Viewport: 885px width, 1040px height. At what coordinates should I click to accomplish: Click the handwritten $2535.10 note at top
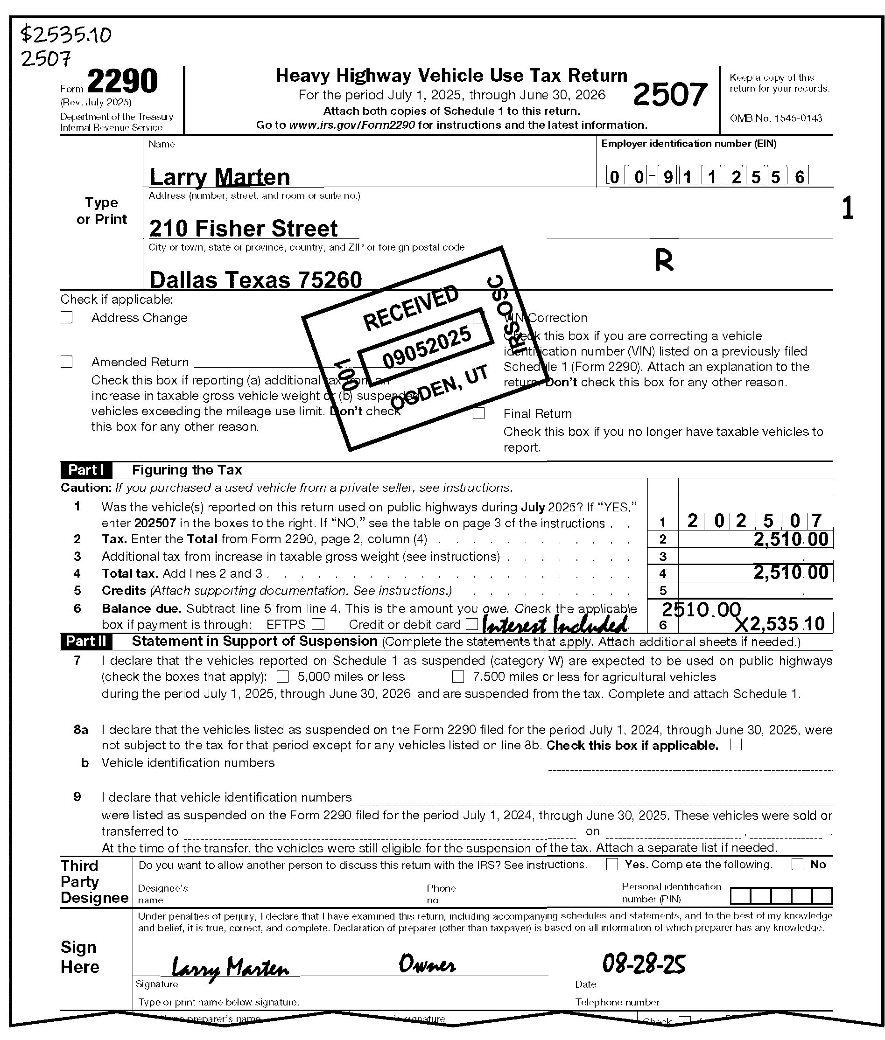click(x=66, y=35)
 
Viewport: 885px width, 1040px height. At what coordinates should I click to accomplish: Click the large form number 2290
click(x=122, y=81)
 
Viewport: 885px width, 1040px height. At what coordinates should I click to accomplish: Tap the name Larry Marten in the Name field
click(x=220, y=177)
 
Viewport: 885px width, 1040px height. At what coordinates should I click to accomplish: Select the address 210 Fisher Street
click(x=243, y=229)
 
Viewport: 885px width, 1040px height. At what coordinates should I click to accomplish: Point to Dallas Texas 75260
click(x=255, y=280)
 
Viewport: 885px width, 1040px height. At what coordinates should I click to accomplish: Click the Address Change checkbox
click(x=67, y=317)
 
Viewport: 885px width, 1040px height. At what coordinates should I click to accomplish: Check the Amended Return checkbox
click(x=67, y=362)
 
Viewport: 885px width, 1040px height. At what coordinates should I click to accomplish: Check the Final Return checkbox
click(x=479, y=413)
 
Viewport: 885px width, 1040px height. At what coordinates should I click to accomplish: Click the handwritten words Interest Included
click(x=555, y=625)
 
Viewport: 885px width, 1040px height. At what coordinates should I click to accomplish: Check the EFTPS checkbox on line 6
click(x=318, y=624)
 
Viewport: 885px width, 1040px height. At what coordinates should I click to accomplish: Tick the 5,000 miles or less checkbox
click(x=283, y=677)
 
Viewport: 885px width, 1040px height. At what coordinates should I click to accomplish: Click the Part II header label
click(x=86, y=642)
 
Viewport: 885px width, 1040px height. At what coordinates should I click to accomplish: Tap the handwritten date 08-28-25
click(x=644, y=964)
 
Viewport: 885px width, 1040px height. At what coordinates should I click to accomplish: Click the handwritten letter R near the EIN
click(x=664, y=260)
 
